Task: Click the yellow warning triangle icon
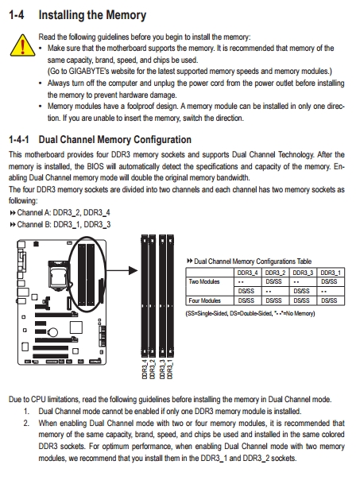(x=22, y=45)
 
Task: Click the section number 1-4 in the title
(x=16, y=15)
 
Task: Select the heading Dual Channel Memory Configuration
(x=114, y=140)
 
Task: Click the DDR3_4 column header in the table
(x=247, y=273)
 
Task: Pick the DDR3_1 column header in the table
(x=331, y=273)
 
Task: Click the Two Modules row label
(x=204, y=281)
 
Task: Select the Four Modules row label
(x=204, y=300)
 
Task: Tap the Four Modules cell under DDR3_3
(x=301, y=300)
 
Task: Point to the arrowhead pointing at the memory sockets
(x=134, y=270)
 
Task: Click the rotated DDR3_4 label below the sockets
(x=145, y=370)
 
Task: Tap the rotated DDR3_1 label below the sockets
(x=170, y=370)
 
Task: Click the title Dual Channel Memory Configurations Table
(x=253, y=261)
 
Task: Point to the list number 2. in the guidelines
(x=27, y=424)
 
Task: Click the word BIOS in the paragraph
(x=95, y=166)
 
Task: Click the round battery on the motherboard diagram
(x=53, y=332)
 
